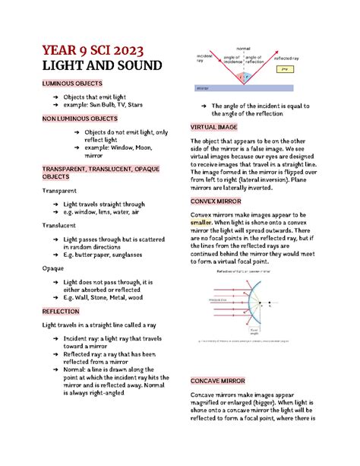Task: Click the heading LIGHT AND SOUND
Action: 101,67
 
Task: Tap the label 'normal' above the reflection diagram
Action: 243,48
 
